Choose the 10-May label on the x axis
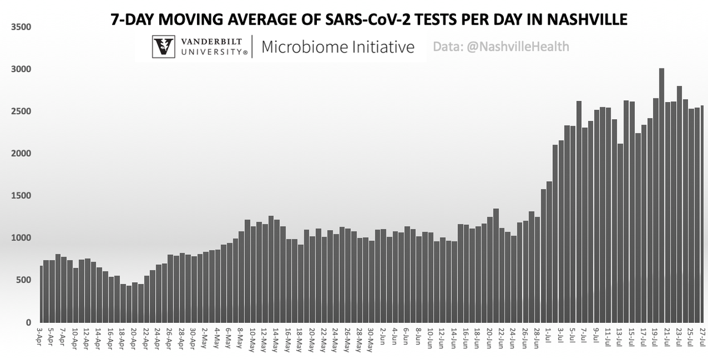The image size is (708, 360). coord(253,341)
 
